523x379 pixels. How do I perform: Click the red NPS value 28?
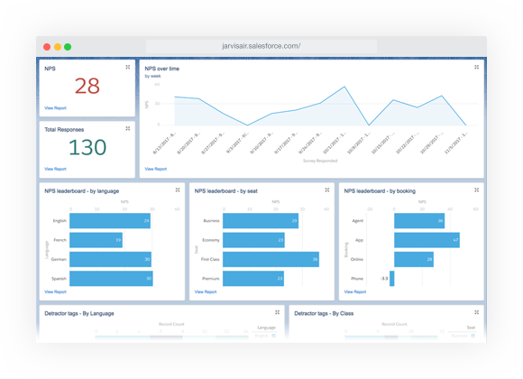tap(87, 86)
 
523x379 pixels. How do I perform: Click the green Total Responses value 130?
tap(87, 148)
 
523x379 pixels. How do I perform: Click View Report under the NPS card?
tap(55, 107)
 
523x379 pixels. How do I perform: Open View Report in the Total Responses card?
tap(55, 169)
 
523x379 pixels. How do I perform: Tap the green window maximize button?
tap(68, 46)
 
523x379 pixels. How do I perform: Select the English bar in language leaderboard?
tap(109, 221)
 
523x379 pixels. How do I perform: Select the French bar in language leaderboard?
tap(96, 240)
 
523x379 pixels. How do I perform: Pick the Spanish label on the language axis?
tap(59, 279)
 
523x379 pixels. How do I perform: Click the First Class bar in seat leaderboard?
tap(271, 260)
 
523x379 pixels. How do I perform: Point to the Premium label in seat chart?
tap(211, 279)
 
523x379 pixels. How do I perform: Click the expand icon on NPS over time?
tap(476, 67)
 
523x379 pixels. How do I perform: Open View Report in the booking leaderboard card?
tap(355, 291)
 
